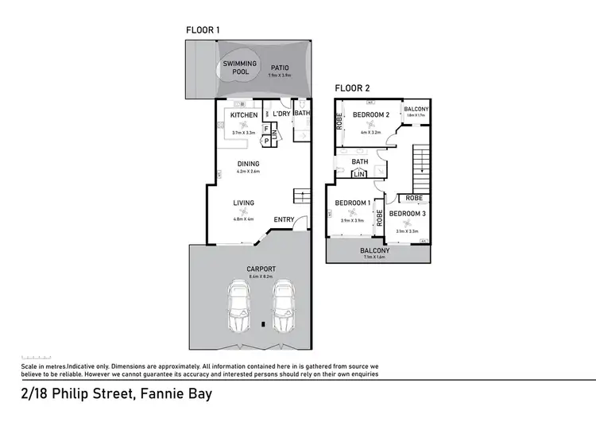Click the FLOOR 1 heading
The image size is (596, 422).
[203, 29]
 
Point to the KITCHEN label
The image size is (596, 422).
[243, 115]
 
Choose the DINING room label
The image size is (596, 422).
[248, 165]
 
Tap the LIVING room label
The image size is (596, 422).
[243, 203]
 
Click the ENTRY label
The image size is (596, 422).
[284, 220]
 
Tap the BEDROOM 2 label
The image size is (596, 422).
[370, 115]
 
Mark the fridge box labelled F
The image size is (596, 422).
[266, 127]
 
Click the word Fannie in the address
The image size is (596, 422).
[145, 394]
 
